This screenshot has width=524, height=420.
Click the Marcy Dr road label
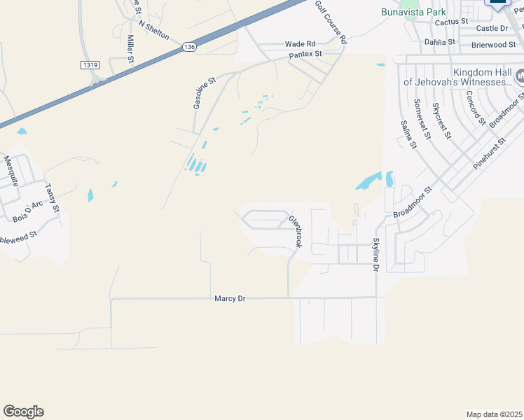pos(230,299)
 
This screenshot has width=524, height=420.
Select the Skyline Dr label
pos(376,255)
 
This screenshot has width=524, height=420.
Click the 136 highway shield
pos(187,46)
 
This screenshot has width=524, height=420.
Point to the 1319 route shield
pos(89,64)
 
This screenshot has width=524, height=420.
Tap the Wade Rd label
pos(300,43)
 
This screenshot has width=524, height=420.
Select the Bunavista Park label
pos(413,12)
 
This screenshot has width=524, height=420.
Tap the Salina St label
pos(408,134)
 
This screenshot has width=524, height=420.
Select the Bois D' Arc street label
pos(28,212)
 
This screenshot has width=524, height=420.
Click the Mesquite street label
pos(11,171)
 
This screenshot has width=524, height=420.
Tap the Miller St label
pos(130,50)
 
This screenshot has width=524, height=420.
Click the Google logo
pos(23,412)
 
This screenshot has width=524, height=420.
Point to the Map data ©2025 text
pos(494,414)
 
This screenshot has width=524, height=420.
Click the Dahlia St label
pos(440,42)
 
